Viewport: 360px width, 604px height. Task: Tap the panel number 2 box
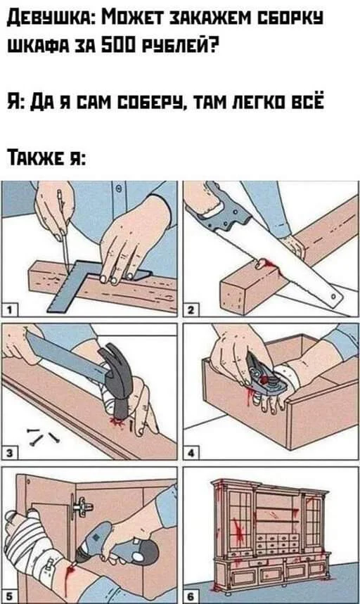[191, 309]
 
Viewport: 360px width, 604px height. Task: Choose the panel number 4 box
[191, 453]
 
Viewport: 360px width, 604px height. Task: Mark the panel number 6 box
[191, 596]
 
